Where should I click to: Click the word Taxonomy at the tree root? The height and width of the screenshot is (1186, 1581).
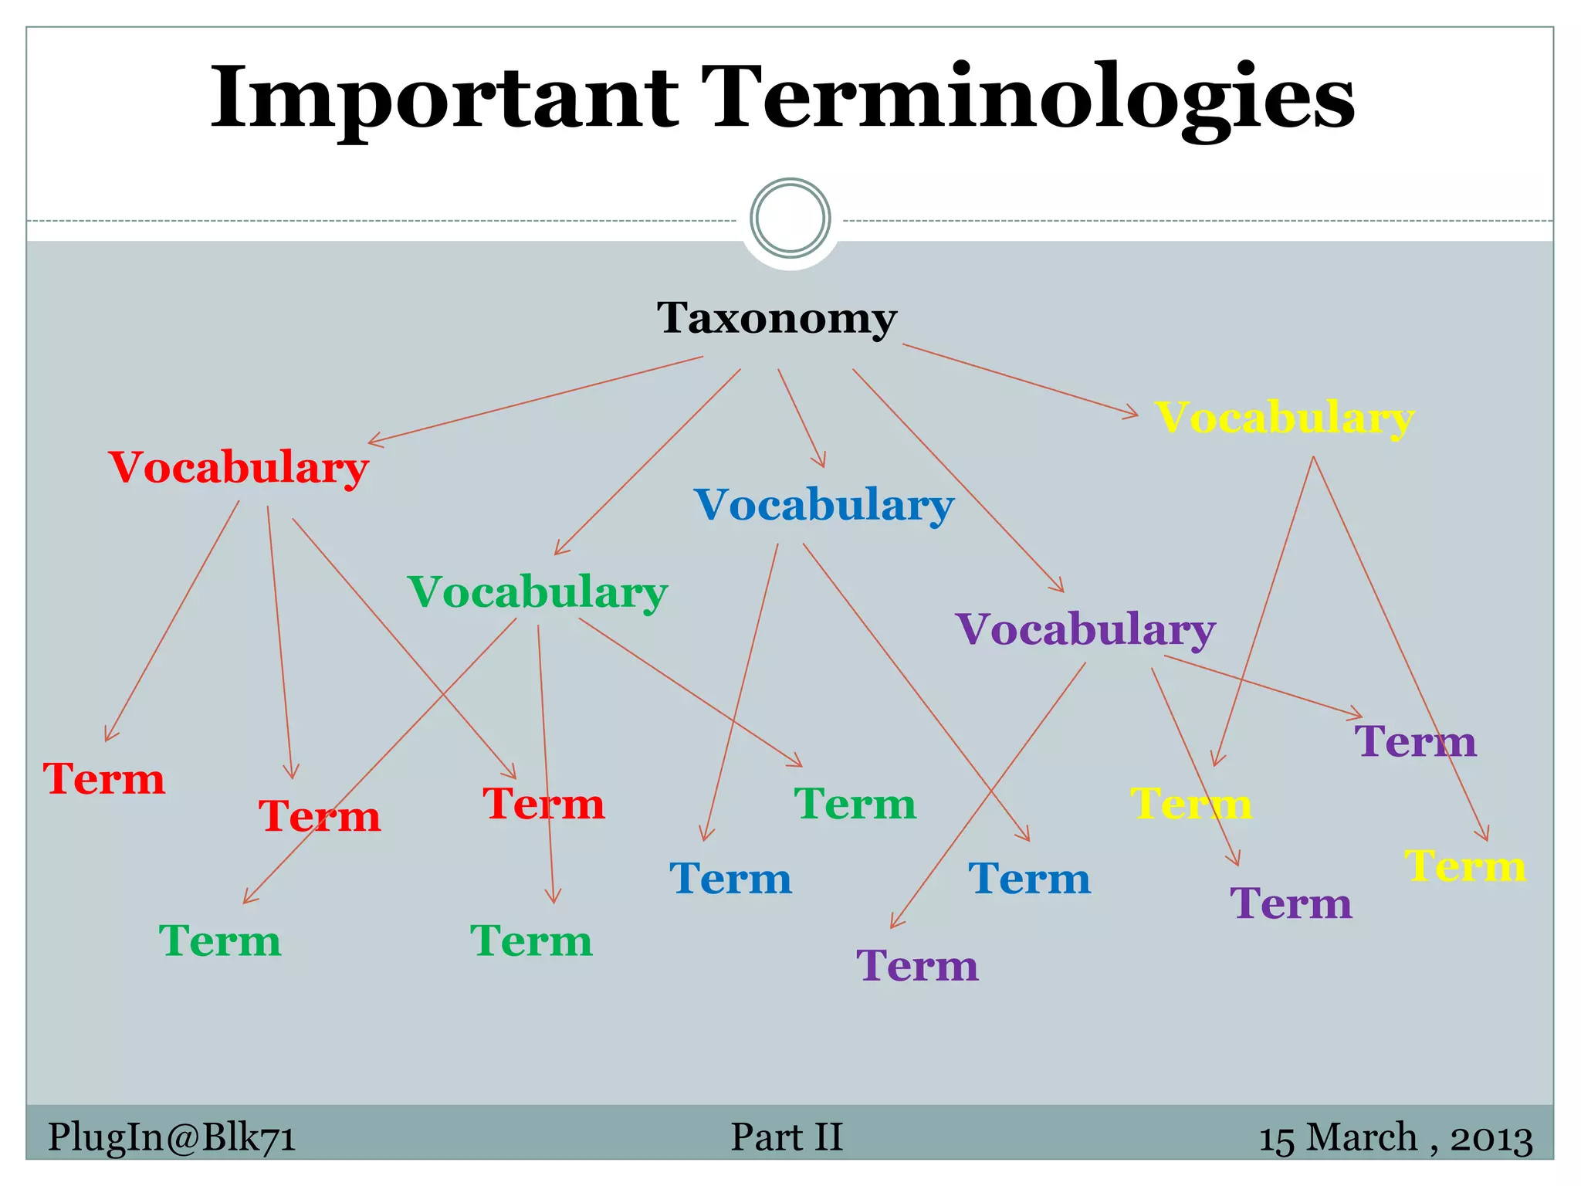pos(776,317)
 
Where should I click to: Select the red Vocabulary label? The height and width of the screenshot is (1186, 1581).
pos(239,467)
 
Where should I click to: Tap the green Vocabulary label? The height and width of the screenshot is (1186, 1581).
pos(537,592)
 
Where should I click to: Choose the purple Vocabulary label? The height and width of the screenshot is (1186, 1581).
pos(1085,629)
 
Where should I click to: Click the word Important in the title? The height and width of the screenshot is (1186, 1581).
pos(444,98)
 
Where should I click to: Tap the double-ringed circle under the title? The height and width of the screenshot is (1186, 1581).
pos(790,218)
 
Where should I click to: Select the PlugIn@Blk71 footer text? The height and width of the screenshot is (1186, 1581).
pos(171,1137)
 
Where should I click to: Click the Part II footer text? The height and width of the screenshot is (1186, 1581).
pos(786,1137)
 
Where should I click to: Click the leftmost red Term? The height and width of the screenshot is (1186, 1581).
pos(103,778)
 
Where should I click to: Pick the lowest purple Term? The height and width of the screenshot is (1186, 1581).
pos(917,965)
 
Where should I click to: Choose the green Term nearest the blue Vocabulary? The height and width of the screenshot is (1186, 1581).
pos(855,804)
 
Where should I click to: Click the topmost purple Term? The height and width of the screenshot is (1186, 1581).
pos(1415,741)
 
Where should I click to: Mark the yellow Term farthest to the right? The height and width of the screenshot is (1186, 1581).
pos(1464,866)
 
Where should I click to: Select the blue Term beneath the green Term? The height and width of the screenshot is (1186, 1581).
pos(730,879)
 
